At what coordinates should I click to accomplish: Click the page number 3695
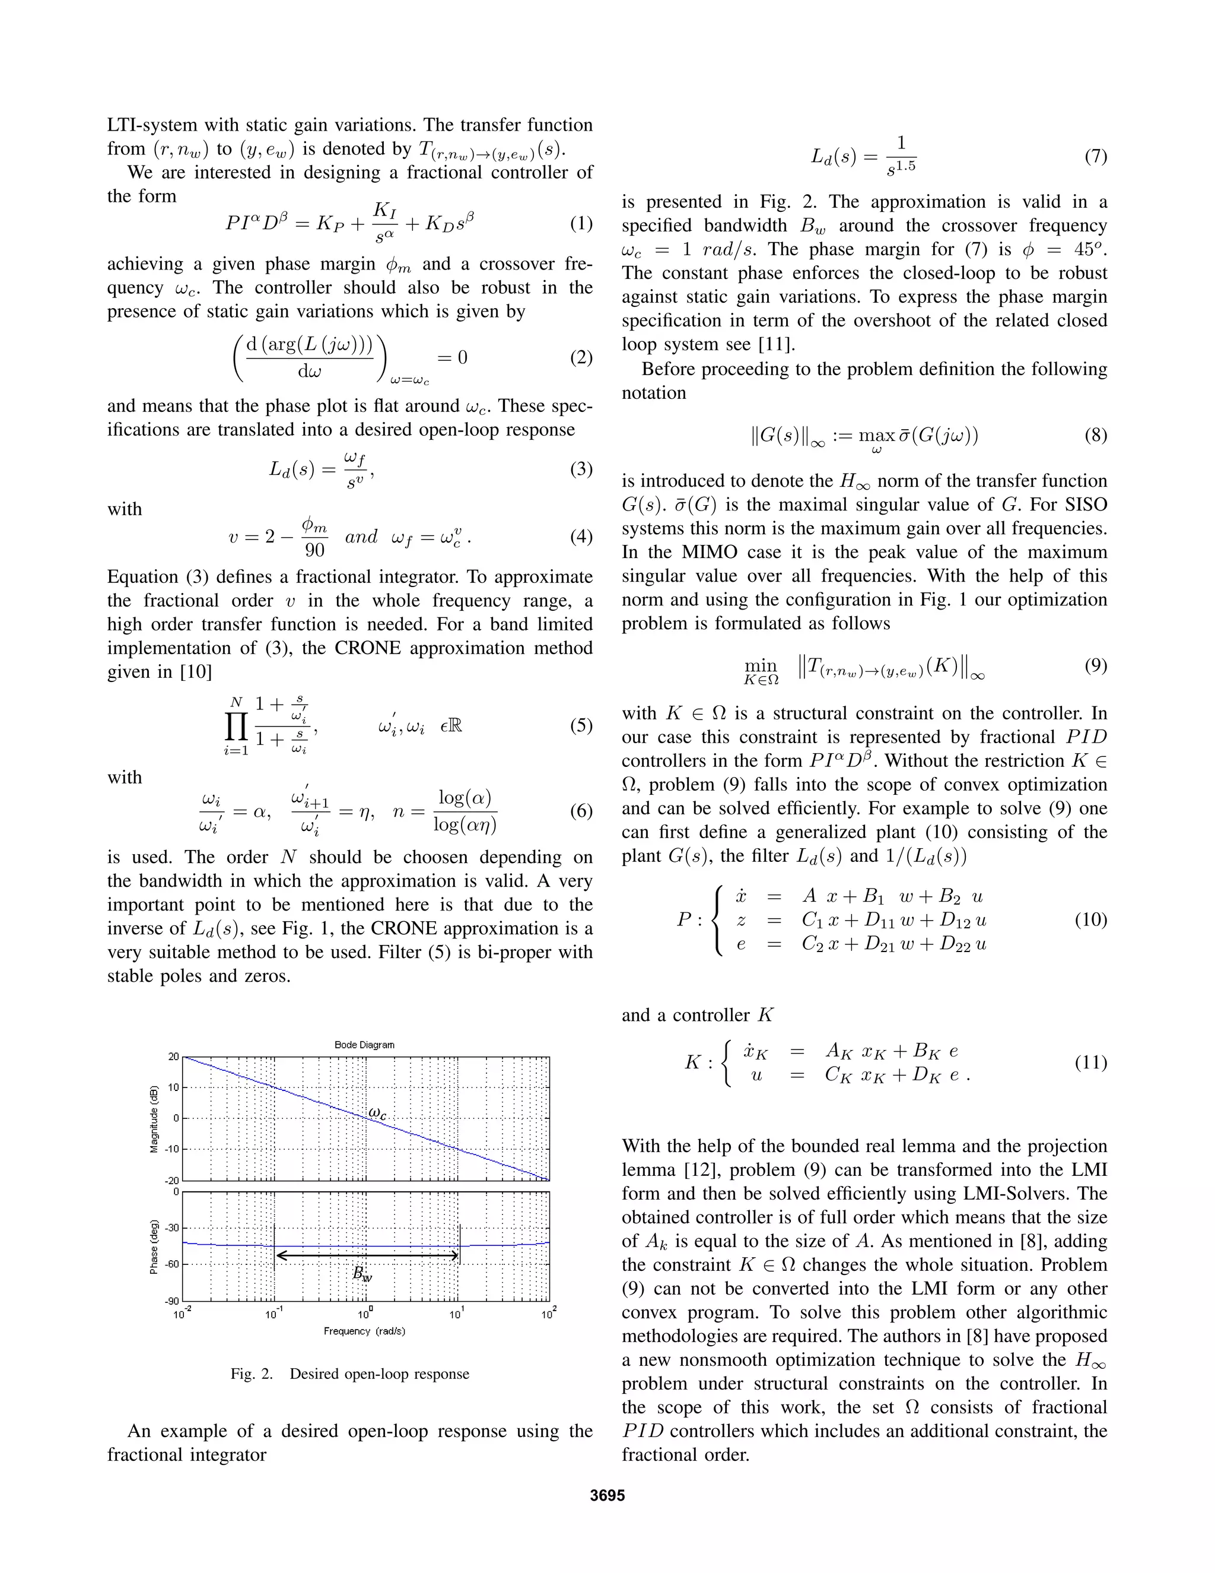607,1495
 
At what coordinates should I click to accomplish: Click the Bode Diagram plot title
364,1044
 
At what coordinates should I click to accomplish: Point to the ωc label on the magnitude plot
377,1113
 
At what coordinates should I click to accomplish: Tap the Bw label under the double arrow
362,1273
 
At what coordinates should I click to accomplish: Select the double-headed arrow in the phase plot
367,1255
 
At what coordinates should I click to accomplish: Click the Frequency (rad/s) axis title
364,1331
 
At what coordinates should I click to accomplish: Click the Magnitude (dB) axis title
154,1118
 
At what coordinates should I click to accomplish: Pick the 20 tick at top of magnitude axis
173,1057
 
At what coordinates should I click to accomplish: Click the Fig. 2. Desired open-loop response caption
350,1374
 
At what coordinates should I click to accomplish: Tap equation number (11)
1090,1063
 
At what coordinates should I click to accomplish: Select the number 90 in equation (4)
314,550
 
